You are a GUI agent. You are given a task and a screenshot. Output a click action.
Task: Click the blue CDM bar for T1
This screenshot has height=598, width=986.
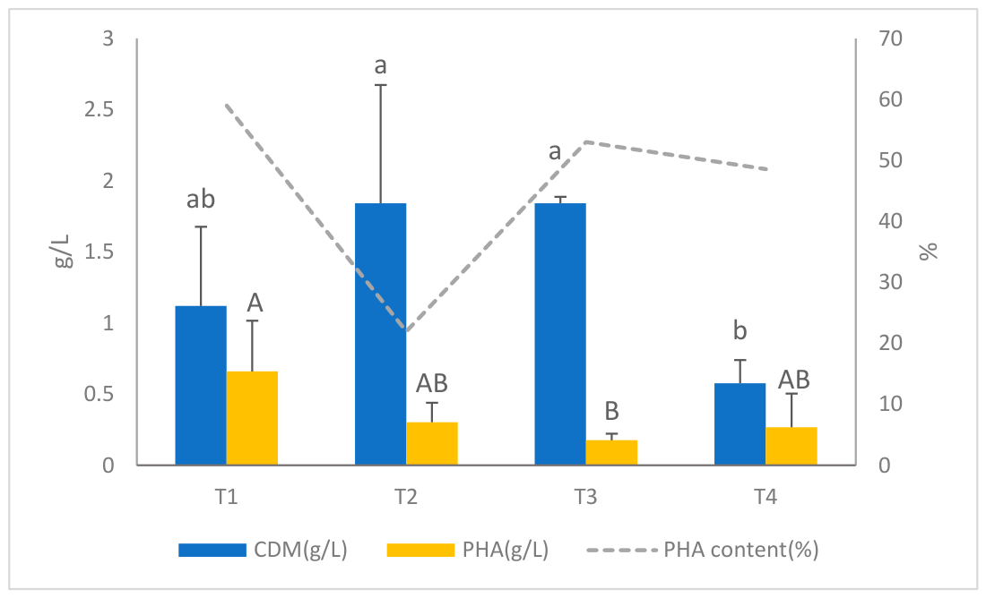click(201, 385)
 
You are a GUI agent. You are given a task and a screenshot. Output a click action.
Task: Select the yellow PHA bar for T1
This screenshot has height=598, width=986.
click(252, 418)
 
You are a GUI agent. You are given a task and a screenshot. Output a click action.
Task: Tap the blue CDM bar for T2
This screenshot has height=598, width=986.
click(380, 334)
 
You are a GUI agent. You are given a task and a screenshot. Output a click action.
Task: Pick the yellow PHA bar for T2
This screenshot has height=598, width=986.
click(432, 443)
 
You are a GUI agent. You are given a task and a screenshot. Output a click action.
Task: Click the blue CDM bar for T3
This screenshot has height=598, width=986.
click(560, 334)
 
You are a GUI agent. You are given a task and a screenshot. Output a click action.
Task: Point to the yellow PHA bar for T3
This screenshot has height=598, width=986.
click(612, 452)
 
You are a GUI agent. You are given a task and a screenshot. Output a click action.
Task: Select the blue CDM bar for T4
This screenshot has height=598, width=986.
click(740, 424)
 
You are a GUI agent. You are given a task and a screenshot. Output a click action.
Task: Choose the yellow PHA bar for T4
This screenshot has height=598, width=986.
click(791, 446)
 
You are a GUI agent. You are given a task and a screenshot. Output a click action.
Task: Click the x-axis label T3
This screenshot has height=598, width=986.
click(585, 497)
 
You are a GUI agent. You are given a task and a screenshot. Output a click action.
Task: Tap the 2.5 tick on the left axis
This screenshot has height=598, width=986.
click(99, 109)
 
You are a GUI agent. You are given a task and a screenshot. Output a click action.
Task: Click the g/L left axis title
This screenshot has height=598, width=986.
click(65, 251)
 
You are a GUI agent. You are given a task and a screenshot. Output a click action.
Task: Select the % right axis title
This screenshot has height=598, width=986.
click(928, 252)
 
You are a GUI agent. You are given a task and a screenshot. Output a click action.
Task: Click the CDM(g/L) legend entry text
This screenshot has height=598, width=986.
click(300, 550)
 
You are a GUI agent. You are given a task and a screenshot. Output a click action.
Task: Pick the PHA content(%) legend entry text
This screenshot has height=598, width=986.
click(741, 550)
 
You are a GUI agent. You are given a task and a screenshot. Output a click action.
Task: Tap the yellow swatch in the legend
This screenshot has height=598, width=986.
click(420, 551)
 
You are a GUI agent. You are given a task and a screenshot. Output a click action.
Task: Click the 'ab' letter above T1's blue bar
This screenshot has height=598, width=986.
click(201, 199)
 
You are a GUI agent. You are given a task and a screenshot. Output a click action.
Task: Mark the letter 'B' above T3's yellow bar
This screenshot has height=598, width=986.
click(612, 411)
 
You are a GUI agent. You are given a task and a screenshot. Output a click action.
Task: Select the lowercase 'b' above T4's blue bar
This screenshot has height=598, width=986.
click(740, 329)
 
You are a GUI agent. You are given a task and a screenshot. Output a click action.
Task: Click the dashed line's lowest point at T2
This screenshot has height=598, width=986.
click(406, 331)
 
